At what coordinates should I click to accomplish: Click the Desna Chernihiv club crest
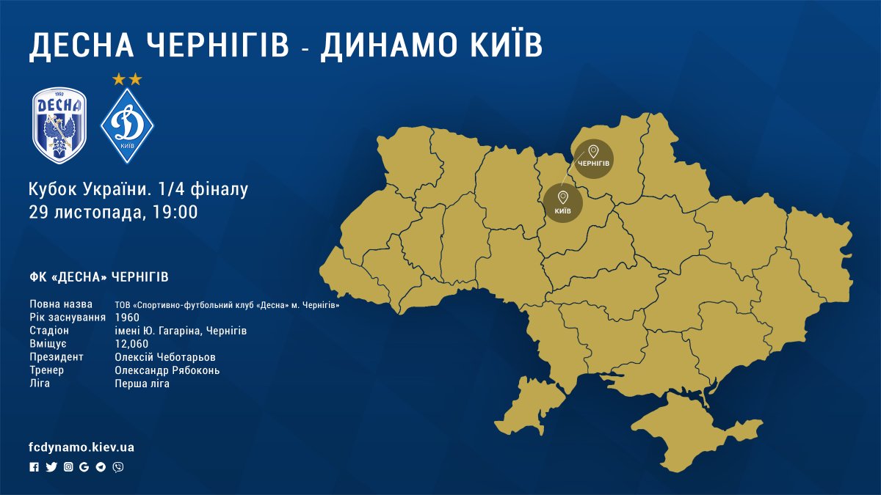click(x=59, y=125)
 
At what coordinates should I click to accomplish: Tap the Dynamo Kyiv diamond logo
click(x=127, y=125)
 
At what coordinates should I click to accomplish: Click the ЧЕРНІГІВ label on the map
click(x=593, y=161)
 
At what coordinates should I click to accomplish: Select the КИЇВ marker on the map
click(x=563, y=203)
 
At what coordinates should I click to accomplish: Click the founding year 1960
click(x=127, y=318)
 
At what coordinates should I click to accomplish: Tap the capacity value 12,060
click(x=132, y=344)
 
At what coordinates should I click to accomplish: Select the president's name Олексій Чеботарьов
click(x=165, y=357)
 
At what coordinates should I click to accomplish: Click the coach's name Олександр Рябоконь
click(x=167, y=370)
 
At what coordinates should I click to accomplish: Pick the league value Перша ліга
click(x=142, y=384)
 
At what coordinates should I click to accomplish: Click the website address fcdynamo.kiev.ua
click(x=81, y=447)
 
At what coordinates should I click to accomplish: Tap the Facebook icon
click(x=34, y=467)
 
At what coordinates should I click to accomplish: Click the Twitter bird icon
click(x=51, y=467)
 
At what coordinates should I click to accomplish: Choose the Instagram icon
click(x=68, y=467)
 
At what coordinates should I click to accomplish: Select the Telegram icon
click(x=101, y=467)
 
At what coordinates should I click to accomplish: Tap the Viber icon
click(x=118, y=467)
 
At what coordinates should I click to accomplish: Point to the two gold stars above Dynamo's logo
click(x=127, y=79)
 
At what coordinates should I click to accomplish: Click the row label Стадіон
click(x=49, y=331)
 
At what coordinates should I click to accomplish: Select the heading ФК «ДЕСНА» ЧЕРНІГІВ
click(x=99, y=277)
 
